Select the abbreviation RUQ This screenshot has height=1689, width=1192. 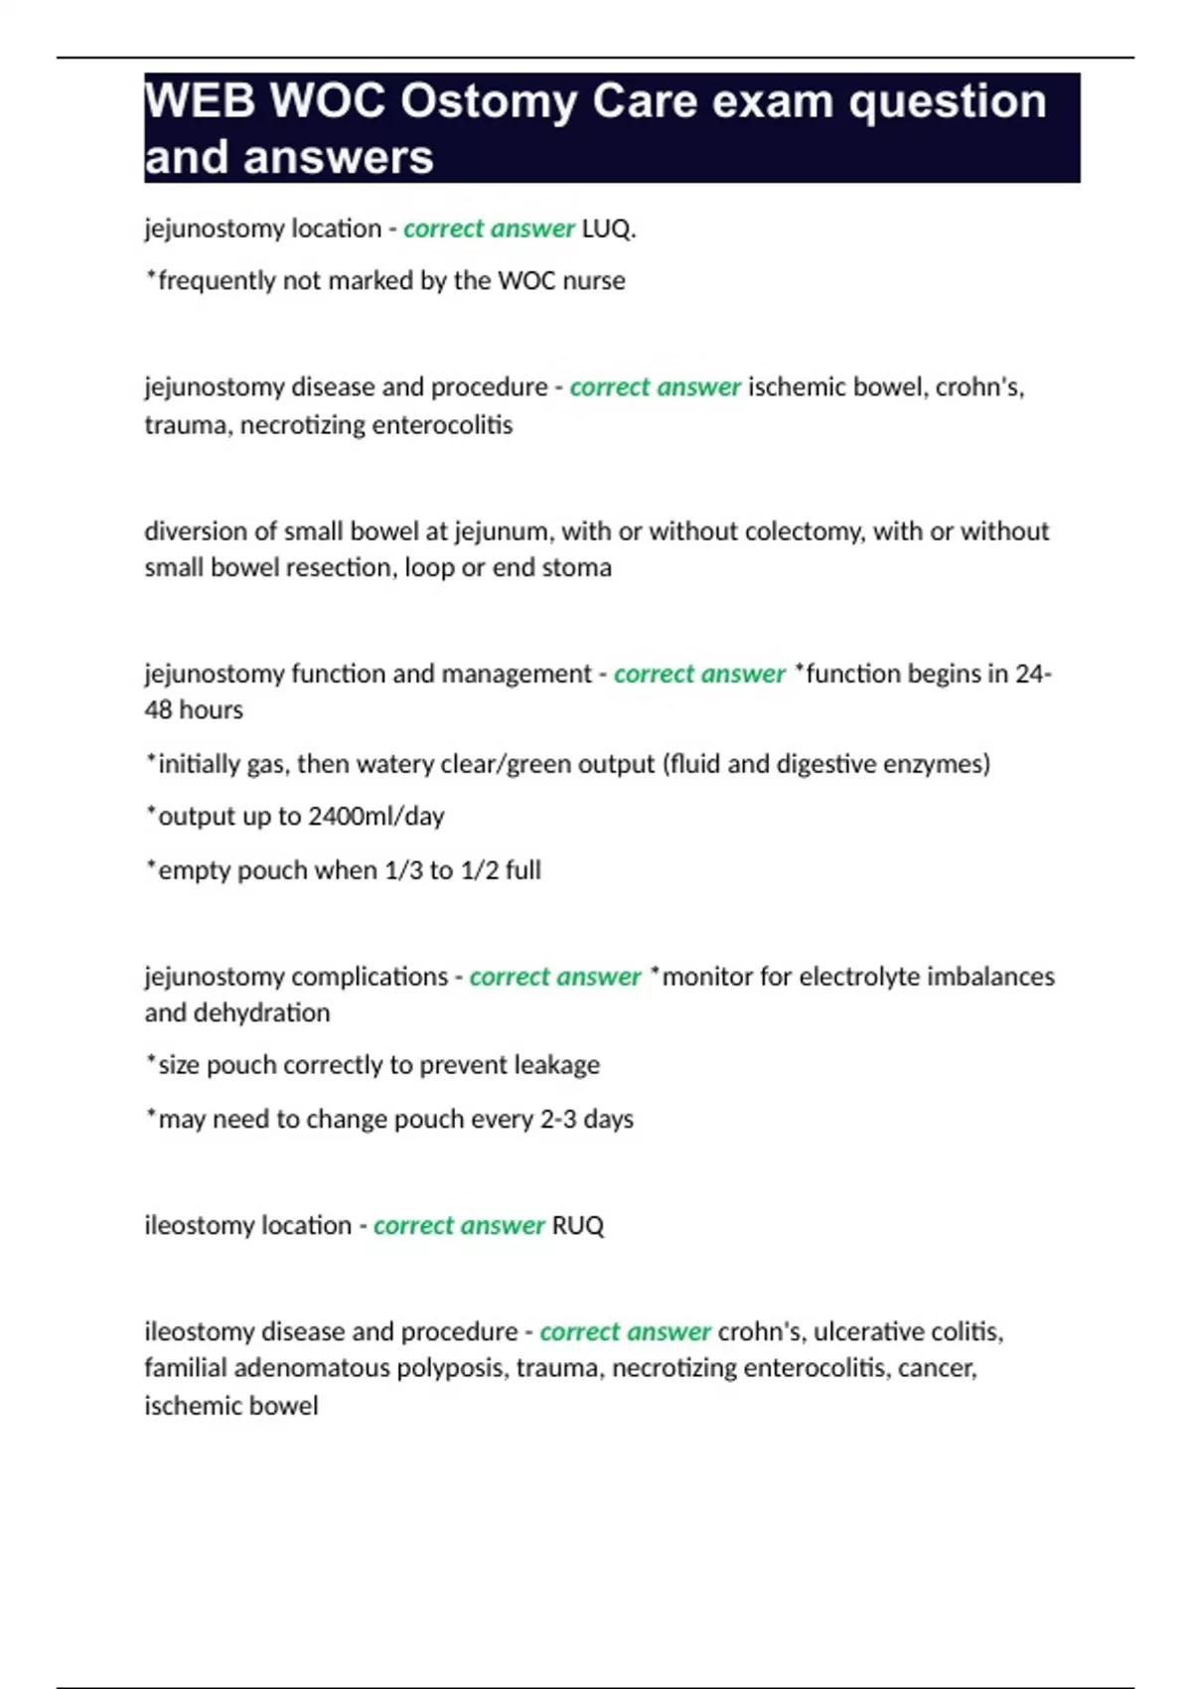pyautogui.click(x=577, y=1225)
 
